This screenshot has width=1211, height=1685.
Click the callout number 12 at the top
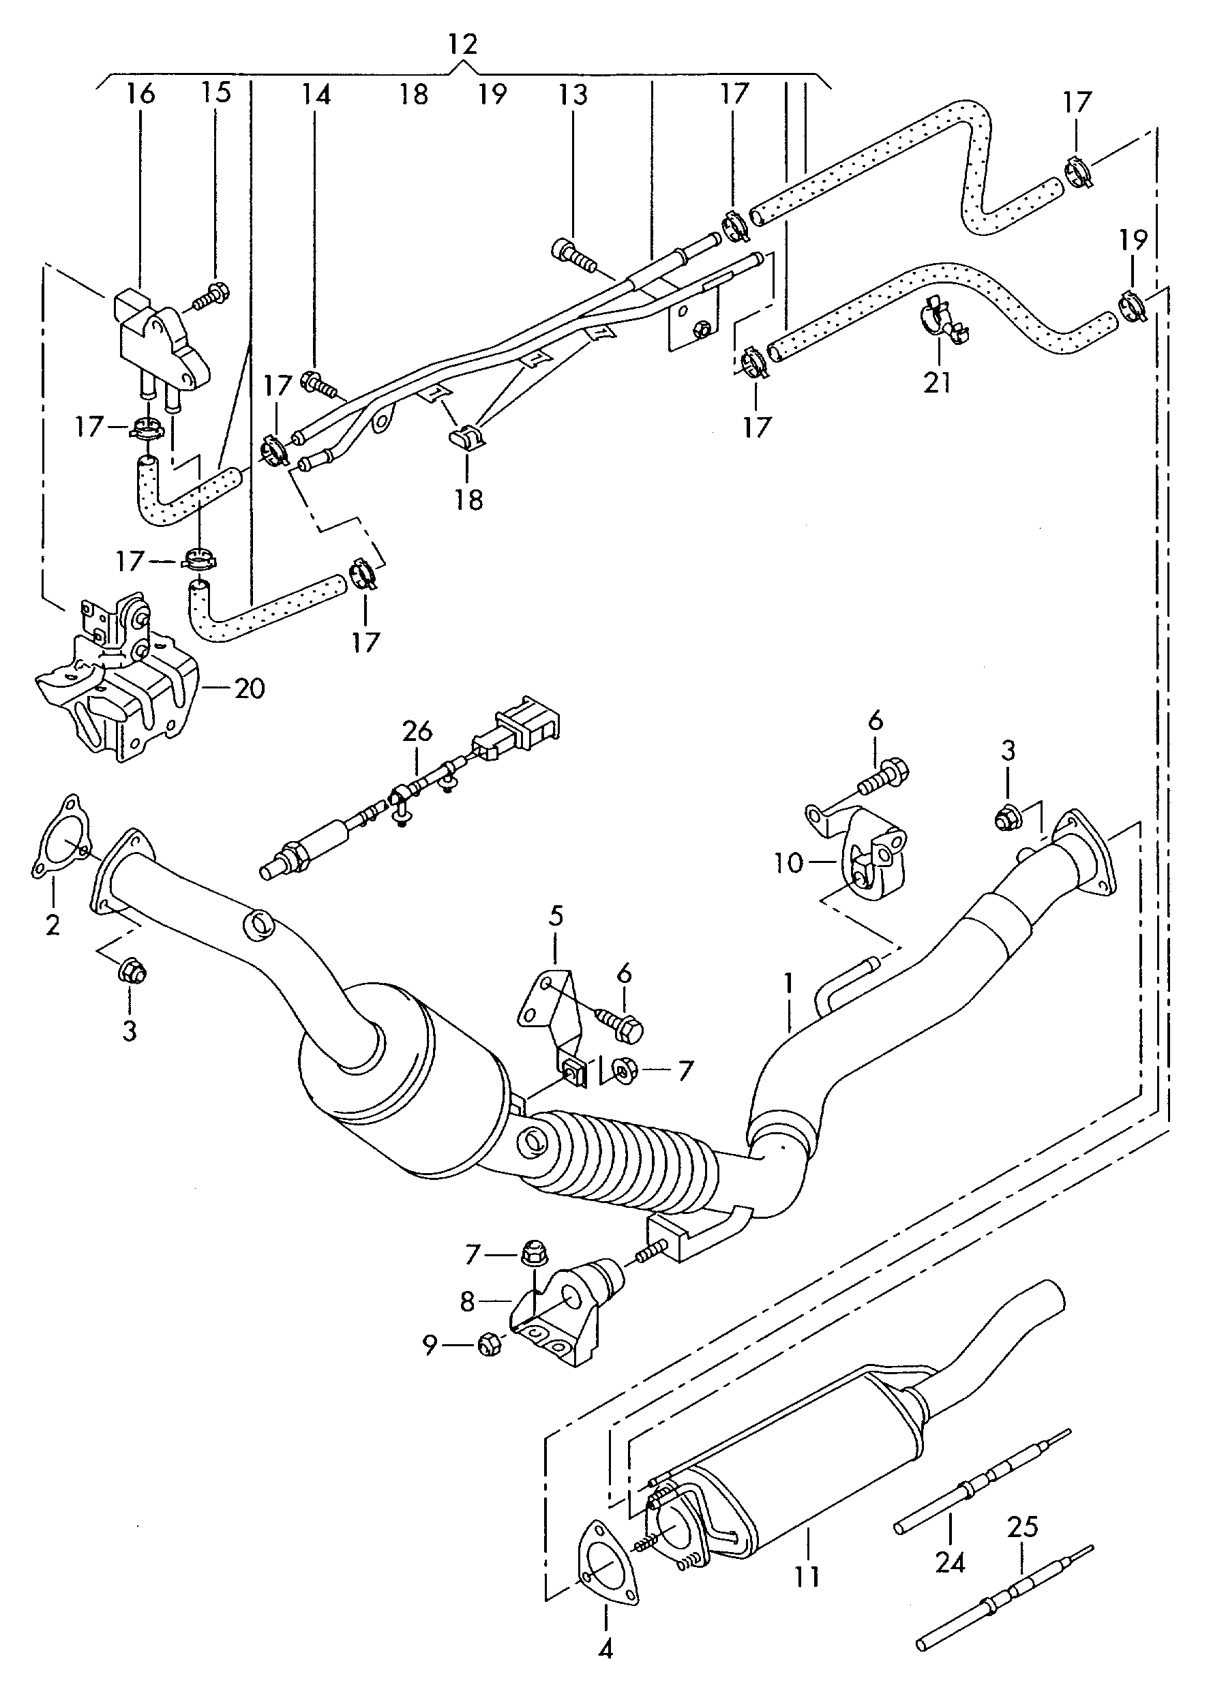coord(462,44)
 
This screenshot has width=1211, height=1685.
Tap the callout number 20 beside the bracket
coord(249,688)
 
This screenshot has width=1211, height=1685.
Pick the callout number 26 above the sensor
coord(417,731)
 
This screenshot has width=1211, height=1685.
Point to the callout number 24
coord(949,1563)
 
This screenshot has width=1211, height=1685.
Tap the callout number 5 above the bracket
coord(556,916)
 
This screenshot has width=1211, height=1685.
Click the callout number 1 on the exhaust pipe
coord(788,984)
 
